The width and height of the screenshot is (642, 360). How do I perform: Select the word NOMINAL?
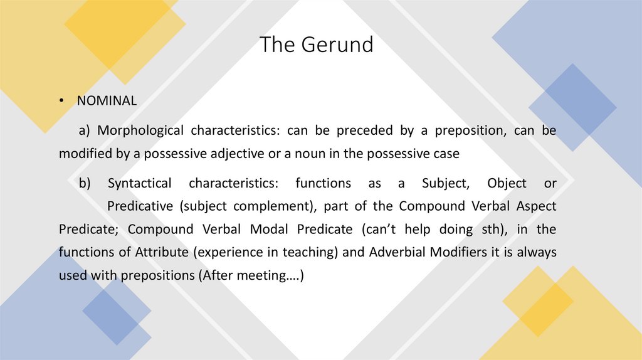(107, 101)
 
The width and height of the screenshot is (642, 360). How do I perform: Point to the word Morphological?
(140, 131)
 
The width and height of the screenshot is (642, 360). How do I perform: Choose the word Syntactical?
(139, 184)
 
